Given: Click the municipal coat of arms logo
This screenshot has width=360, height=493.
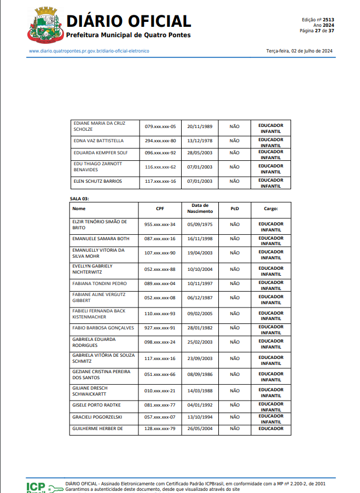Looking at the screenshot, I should coord(44,25).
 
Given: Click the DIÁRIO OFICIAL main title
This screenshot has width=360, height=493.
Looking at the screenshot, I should coord(129,21).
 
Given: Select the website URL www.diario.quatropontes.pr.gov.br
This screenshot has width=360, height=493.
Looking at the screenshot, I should coord(89,51).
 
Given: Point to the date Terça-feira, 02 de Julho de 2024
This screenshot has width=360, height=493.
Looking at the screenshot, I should coord(299,51).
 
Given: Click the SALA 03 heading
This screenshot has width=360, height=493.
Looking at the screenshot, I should coord(79,199).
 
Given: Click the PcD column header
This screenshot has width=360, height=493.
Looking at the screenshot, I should coord(234,208).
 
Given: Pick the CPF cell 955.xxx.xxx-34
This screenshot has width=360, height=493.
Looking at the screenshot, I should coord(160,224).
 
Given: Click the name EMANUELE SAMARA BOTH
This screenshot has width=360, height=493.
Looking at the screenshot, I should coord(101,239).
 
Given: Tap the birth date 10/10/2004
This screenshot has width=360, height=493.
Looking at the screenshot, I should coord(199,269).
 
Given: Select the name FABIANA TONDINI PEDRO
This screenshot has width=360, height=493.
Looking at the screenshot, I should coord(100,283).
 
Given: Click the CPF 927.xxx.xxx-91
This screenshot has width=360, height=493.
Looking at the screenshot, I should coord(160,328).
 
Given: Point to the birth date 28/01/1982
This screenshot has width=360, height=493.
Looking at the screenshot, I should coord(199,328).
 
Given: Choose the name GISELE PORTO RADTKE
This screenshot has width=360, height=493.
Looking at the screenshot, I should coord(96,405).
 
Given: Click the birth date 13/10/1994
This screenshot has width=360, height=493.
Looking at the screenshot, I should coord(199,417).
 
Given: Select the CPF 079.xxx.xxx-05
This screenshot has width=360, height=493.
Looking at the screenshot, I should coord(160,126).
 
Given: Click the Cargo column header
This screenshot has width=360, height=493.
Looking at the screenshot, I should coord(271,208).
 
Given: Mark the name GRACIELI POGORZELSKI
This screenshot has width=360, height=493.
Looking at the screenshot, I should coord(98,417).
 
